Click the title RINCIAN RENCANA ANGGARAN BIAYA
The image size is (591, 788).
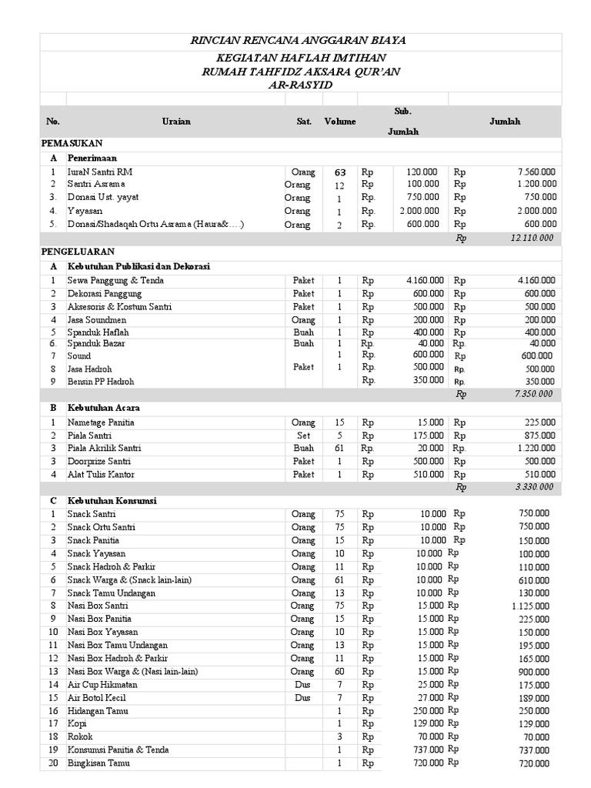(x=299, y=41)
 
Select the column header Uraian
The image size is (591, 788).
(x=176, y=122)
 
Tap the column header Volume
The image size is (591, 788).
(x=339, y=122)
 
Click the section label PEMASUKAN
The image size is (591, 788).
(x=72, y=144)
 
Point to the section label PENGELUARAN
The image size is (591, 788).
(x=77, y=252)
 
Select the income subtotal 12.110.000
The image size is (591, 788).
(x=532, y=239)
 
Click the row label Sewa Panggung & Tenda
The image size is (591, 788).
(x=115, y=281)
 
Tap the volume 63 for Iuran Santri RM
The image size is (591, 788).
(x=339, y=172)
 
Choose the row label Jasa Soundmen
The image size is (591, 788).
(x=96, y=319)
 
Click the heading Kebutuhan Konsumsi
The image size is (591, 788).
(x=112, y=501)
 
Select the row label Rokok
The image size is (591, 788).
(x=79, y=736)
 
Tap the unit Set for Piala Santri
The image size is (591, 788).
(x=303, y=436)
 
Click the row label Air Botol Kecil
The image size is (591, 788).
(x=98, y=697)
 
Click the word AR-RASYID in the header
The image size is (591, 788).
(x=300, y=84)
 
